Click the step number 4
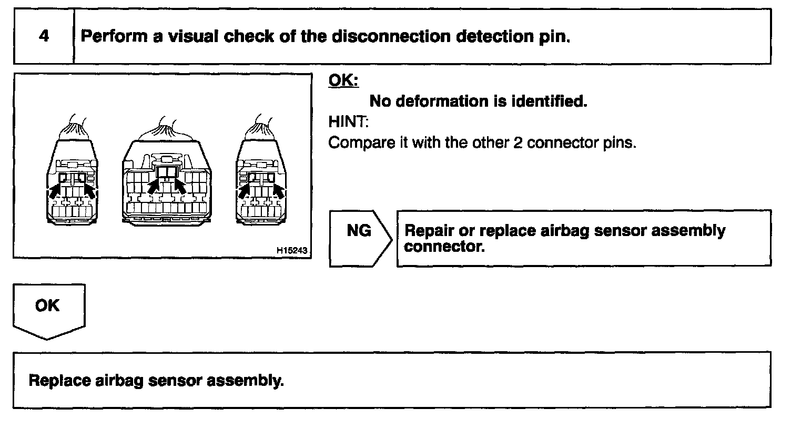click(x=44, y=36)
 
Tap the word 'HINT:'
click(x=349, y=122)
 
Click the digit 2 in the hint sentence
click(x=517, y=142)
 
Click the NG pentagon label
click(x=359, y=231)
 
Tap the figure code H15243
click(x=291, y=251)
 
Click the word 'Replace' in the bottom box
click(x=60, y=380)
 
